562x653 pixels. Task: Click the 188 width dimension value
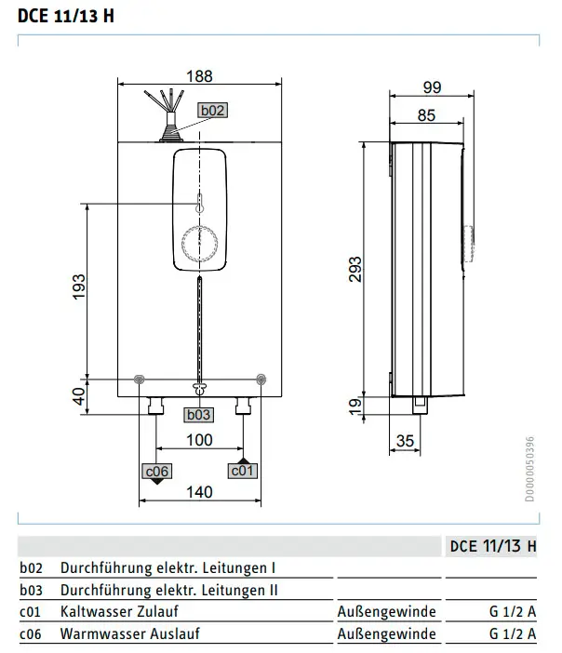click(199, 76)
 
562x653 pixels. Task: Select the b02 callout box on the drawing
click(212, 111)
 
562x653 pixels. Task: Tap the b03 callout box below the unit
click(199, 415)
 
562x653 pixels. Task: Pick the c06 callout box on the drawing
click(156, 472)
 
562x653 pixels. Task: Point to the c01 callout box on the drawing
click(243, 471)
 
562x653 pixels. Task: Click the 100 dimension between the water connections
click(199, 440)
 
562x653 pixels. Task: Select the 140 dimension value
click(199, 492)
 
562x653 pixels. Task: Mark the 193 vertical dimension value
click(78, 287)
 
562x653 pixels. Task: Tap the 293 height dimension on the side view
click(355, 270)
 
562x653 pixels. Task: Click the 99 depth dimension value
click(432, 87)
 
